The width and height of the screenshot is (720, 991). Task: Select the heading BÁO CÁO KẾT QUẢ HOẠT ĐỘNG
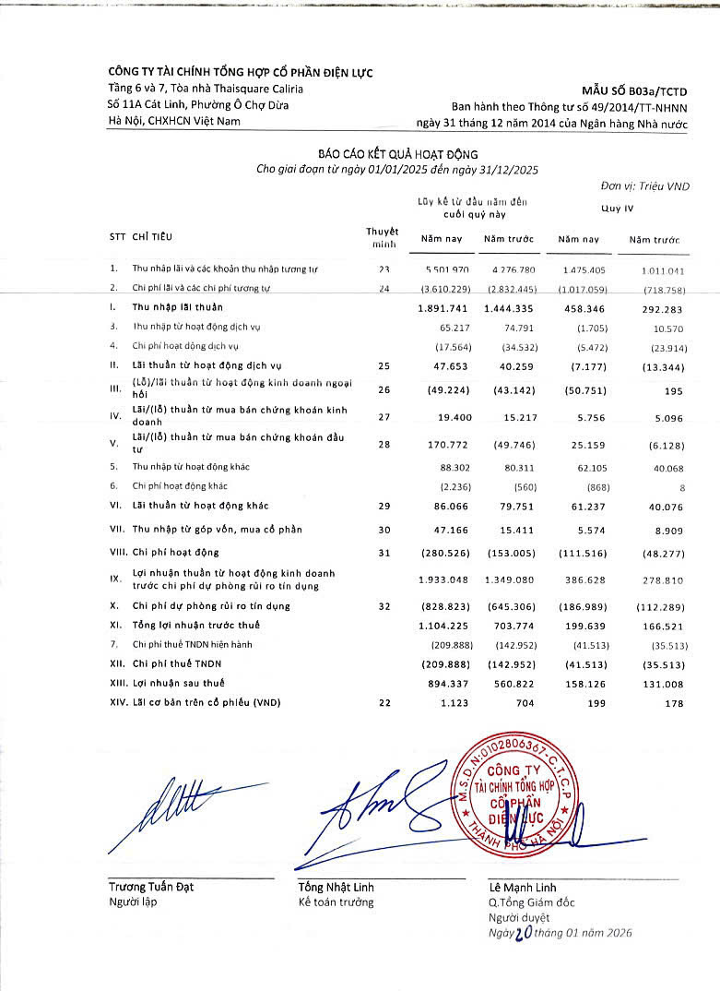tap(397, 154)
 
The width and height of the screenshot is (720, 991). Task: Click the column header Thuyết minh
tap(382, 238)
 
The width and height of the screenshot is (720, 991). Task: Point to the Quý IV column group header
tap(617, 209)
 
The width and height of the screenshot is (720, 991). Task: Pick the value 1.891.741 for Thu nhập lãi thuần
tap(443, 306)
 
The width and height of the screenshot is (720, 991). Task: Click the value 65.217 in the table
tap(452, 327)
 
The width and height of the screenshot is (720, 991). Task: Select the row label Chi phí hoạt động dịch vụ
tap(185, 346)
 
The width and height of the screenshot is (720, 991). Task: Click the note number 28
tap(384, 446)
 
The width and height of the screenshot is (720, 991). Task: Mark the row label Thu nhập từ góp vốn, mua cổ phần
tap(217, 530)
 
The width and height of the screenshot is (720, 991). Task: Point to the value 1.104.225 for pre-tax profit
tap(443, 626)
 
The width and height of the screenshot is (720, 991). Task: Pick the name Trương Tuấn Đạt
tap(151, 887)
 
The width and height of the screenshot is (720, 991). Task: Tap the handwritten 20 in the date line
tap(524, 933)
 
